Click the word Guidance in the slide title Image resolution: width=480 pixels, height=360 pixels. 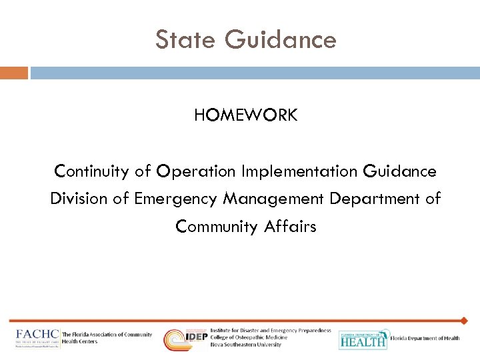pos(281,40)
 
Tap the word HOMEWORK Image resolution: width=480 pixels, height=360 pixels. pos(245,115)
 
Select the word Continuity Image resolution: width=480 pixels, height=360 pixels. pos(92,171)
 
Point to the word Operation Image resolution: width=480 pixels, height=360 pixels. pos(196,171)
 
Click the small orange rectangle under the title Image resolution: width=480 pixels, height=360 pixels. pos(14,73)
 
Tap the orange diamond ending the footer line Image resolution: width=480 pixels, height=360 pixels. pos(464,321)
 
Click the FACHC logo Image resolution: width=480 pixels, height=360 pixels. pos(37,338)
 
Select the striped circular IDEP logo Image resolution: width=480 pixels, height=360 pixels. pos(176,339)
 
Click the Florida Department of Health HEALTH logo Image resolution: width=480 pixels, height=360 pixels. pos(363,339)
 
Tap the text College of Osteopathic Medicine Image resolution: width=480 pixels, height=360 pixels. pos(249,338)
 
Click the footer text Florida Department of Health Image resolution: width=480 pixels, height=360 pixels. pos(425,339)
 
